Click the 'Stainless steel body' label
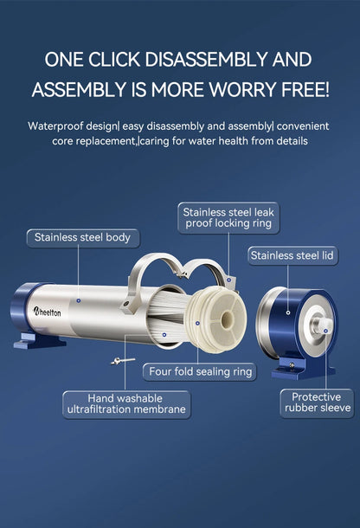click(81, 236)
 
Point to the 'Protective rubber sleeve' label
click(316, 402)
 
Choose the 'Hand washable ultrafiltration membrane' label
click(125, 403)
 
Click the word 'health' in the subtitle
click(233, 140)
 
